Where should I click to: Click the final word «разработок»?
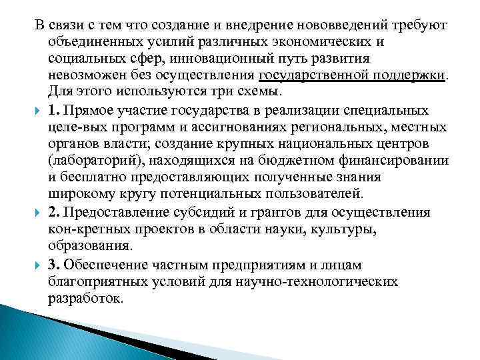click(85, 299)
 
